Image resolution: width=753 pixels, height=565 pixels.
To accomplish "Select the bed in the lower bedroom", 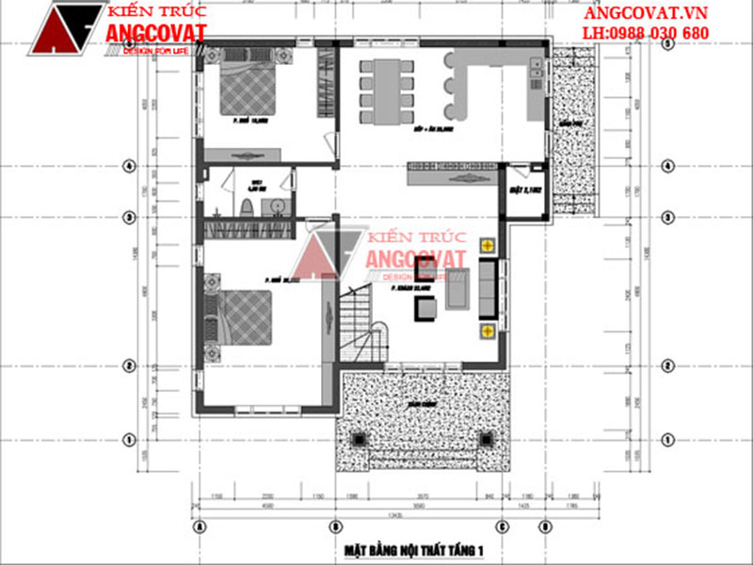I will (x=239, y=318).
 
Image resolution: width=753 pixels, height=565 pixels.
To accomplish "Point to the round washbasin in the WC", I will (x=277, y=206).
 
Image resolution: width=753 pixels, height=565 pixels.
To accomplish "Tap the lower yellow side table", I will (x=488, y=331).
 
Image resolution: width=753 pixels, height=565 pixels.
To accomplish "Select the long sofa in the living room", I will (x=488, y=288).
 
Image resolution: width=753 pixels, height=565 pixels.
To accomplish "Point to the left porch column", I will (x=360, y=439).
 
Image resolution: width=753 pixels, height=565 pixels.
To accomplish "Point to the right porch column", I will (x=487, y=439).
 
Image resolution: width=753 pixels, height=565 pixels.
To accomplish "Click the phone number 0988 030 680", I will (x=659, y=33).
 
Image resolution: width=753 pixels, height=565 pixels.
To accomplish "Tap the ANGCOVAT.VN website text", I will (x=646, y=13).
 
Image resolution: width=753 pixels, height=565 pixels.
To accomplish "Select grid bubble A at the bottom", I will (x=199, y=526).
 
